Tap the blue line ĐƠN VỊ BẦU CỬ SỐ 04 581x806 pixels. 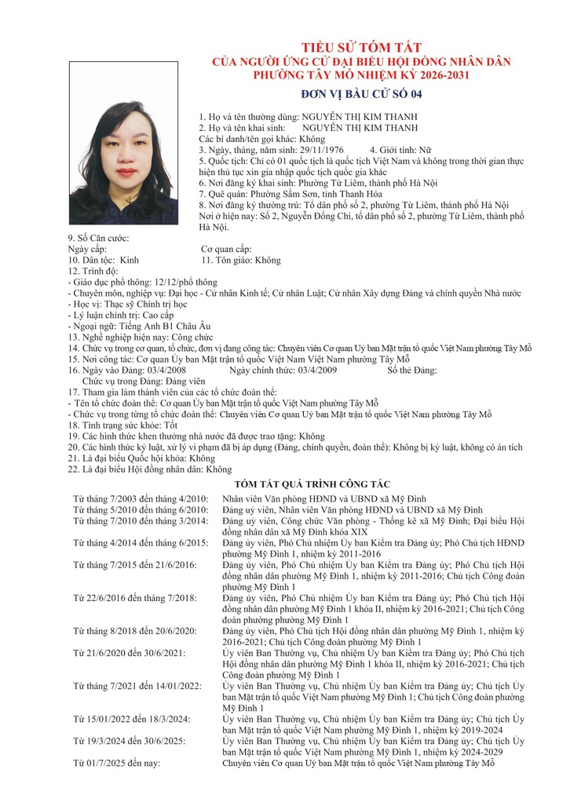361,95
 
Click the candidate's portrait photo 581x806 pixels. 123,143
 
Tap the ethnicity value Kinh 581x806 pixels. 129,260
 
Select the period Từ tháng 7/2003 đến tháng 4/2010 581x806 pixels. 141,499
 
